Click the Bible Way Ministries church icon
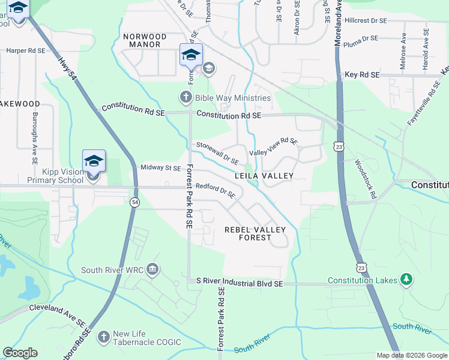186,97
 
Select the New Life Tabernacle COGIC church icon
103,337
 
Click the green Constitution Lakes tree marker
406,280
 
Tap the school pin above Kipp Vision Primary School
94,161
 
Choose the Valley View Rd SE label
274,147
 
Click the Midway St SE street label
160,169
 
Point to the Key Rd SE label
363,75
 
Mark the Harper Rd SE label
26,51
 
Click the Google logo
20,353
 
